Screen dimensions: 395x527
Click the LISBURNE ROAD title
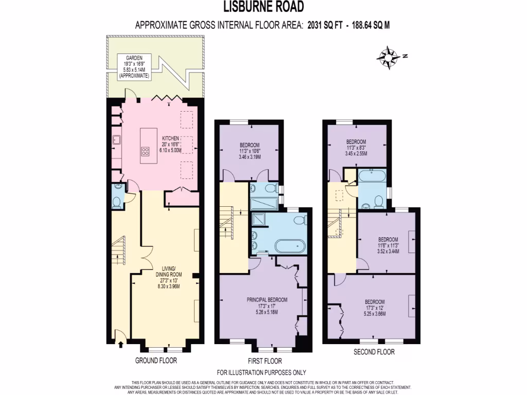pyautogui.click(x=263, y=7)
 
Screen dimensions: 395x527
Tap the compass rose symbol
pyautogui.click(x=390, y=56)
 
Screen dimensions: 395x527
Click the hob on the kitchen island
pyautogui.click(x=146, y=151)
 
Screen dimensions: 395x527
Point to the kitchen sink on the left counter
pyautogui.click(x=116, y=139)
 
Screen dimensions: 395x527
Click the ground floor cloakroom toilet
pyautogui.click(x=116, y=201)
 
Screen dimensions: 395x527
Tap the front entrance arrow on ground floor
pyautogui.click(x=120, y=343)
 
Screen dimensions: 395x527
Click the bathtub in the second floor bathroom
pyautogui.click(x=372, y=176)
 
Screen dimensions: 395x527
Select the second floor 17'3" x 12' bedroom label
pyautogui.click(x=374, y=308)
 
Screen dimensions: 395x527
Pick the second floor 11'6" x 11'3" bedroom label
pyautogui.click(x=388, y=245)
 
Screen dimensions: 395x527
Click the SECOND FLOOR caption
pyautogui.click(x=374, y=352)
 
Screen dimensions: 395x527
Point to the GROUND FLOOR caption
pyautogui.click(x=156, y=361)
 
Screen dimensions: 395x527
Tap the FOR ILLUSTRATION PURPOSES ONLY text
pyautogui.click(x=261, y=372)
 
